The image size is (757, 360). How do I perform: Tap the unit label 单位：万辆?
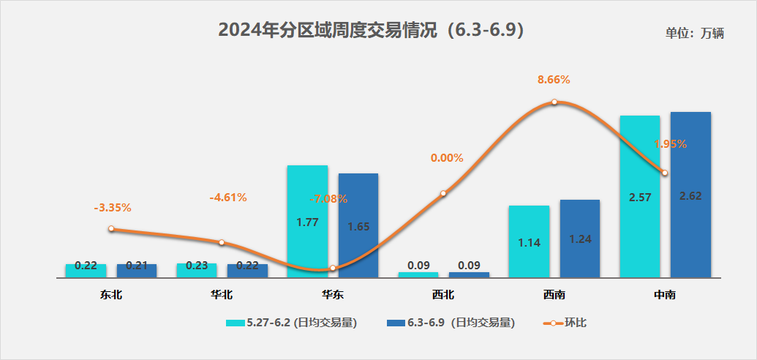(x=694, y=34)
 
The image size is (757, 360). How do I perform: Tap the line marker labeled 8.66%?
(x=554, y=102)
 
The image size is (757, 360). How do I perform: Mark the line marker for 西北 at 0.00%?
(x=443, y=194)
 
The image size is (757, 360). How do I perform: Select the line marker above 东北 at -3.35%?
(x=111, y=229)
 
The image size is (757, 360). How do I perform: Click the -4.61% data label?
(x=228, y=197)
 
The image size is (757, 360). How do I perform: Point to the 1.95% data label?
(x=670, y=144)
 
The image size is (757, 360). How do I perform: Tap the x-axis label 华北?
(x=222, y=296)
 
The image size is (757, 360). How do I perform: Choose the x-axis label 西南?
(x=554, y=296)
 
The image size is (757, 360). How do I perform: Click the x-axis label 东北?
(x=111, y=296)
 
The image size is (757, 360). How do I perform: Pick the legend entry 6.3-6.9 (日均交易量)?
(x=451, y=323)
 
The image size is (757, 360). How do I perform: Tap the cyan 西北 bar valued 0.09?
(x=418, y=274)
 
